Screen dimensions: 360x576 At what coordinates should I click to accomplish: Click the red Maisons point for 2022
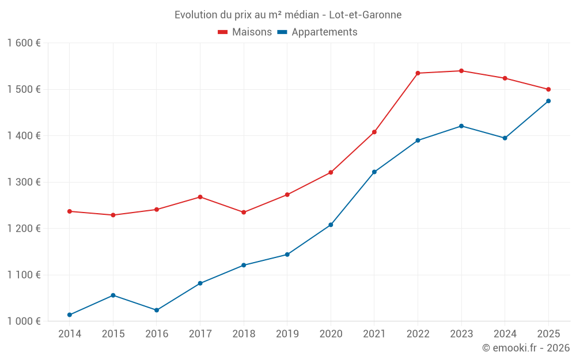click(x=418, y=73)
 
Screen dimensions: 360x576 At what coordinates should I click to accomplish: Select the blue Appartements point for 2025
click(x=548, y=101)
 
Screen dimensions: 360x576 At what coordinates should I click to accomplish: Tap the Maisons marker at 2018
click(x=244, y=212)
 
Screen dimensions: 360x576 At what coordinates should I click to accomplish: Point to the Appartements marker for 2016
click(x=157, y=310)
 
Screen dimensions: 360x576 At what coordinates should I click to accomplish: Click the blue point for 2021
click(x=374, y=172)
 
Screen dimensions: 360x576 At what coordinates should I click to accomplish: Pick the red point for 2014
click(x=70, y=211)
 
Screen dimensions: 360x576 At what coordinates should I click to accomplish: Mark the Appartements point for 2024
click(x=505, y=138)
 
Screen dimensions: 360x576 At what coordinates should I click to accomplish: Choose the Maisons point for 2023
click(x=461, y=71)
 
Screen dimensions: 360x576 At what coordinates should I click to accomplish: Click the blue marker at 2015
click(x=113, y=295)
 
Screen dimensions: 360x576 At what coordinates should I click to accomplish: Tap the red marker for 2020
click(x=331, y=172)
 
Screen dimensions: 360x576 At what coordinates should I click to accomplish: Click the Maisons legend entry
click(x=245, y=32)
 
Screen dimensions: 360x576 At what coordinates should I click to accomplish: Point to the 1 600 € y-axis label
click(x=24, y=43)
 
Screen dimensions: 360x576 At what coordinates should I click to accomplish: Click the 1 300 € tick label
click(x=24, y=182)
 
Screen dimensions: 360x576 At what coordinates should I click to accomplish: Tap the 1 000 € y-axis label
click(x=24, y=321)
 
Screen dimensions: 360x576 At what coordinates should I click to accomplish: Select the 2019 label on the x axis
click(x=287, y=334)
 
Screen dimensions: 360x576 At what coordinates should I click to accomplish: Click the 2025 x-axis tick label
click(x=548, y=334)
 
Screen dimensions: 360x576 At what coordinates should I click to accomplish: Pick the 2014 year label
click(x=70, y=334)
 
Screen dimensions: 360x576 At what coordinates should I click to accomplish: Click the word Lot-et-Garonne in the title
click(x=365, y=14)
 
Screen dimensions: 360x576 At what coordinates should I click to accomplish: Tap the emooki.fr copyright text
click(x=526, y=348)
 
